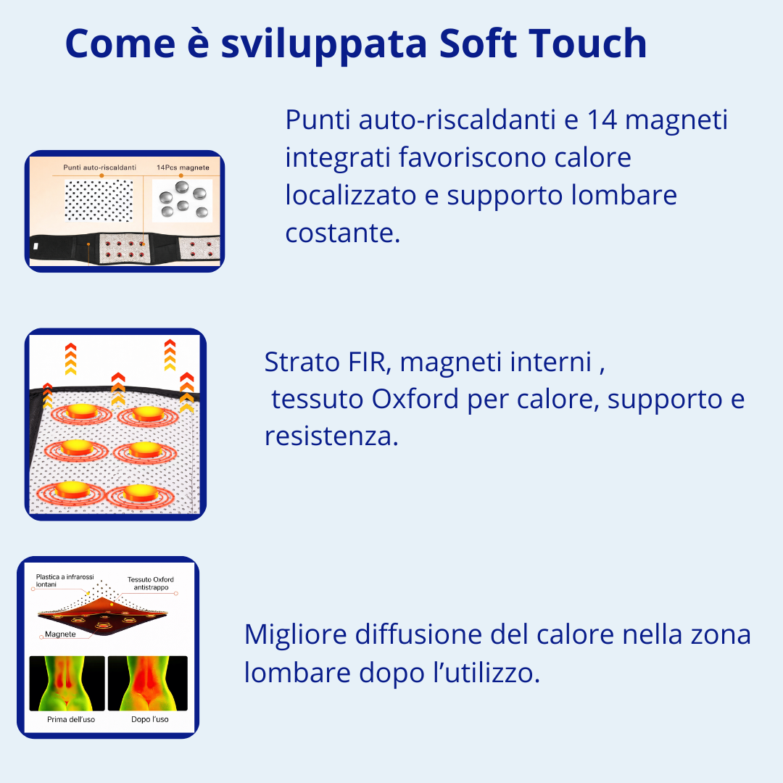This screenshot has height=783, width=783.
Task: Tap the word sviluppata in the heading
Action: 323,45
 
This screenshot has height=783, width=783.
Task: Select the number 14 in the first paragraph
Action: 602,120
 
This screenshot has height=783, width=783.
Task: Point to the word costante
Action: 342,233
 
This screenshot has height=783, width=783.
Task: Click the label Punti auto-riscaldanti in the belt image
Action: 99,167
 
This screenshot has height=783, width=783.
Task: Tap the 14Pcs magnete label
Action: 183,167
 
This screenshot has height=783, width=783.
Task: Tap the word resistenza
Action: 331,436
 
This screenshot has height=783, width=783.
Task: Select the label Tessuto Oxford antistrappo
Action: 151,584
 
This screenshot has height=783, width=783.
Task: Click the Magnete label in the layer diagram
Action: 60,634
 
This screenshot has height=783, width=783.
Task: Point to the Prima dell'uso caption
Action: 70,719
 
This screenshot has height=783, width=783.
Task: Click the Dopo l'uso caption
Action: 150,719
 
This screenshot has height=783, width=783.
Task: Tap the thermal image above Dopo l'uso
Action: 147,683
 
